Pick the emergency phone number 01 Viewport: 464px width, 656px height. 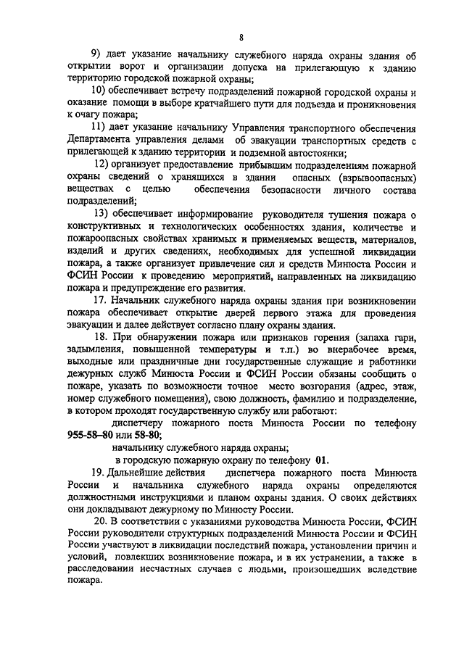coord(321,460)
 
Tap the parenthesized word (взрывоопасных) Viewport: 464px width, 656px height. coord(375,177)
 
